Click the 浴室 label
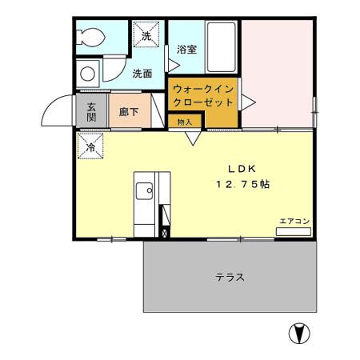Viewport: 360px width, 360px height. coord(188,49)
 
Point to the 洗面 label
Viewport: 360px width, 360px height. coord(142,74)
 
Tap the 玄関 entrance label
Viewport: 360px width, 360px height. coord(92,112)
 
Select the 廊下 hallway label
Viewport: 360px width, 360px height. coord(127,112)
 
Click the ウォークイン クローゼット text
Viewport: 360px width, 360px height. coord(203,96)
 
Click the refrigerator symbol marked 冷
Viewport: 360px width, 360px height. coord(90,146)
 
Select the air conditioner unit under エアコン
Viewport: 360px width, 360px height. coord(293,231)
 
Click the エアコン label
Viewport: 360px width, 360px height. coord(294,220)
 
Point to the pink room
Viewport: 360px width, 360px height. coord(278,72)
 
